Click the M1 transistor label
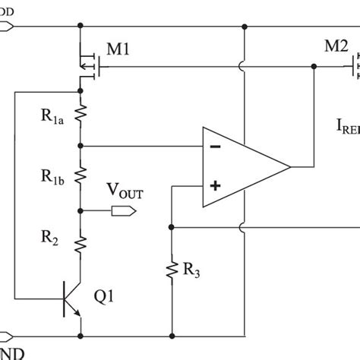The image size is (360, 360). pyautogui.click(x=118, y=51)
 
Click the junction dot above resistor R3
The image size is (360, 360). pyautogui.click(x=172, y=227)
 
